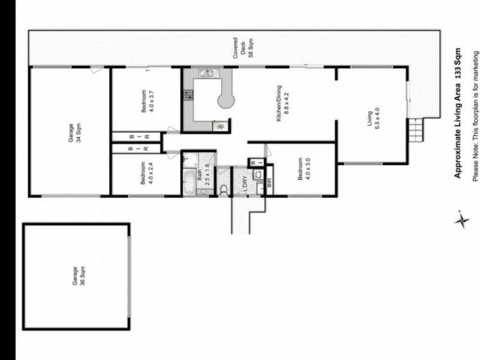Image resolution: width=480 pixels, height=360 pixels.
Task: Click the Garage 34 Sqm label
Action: (70, 131)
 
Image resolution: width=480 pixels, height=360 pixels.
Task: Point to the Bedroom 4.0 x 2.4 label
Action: (147, 175)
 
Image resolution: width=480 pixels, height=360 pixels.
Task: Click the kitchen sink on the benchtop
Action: (206, 74)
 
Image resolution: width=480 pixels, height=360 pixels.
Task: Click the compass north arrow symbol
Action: (461, 220)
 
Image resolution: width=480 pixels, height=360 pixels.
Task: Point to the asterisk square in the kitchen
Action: (218, 126)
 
